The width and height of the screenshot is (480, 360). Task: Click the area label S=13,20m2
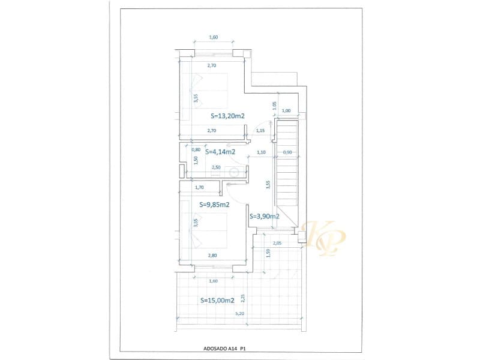(228, 116)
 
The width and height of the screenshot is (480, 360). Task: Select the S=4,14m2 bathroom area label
(220, 152)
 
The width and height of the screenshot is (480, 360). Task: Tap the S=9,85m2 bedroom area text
(214, 204)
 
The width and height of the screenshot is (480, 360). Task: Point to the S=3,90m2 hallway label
(264, 216)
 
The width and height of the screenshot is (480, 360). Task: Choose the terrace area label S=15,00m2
(217, 300)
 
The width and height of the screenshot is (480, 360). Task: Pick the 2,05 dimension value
(277, 243)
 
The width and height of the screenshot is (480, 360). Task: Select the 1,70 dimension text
(200, 187)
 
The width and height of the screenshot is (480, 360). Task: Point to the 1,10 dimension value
(261, 152)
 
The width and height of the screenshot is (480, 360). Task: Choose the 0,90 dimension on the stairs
(287, 152)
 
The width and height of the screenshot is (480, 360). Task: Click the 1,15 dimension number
(260, 130)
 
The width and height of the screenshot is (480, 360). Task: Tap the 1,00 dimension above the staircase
(286, 110)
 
